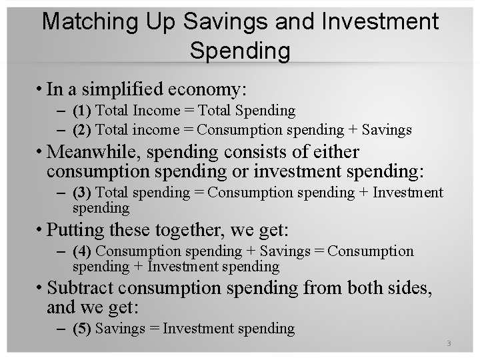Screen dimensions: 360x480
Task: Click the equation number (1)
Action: tap(83, 110)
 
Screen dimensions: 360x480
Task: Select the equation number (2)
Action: tap(83, 129)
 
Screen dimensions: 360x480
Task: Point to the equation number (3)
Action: tap(83, 193)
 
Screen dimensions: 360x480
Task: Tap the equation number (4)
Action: tap(83, 251)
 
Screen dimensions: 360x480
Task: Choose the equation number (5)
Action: tap(83, 328)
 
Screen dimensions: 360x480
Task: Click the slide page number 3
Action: tap(449, 344)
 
